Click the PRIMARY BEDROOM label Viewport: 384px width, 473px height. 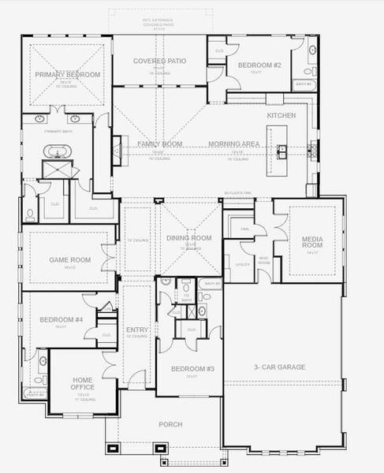(x=67, y=74)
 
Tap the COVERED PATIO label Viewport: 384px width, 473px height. (x=159, y=61)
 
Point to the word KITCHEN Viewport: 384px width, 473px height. (x=281, y=116)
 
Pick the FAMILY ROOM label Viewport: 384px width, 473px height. (x=159, y=144)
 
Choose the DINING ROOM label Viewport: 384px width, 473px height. (x=189, y=238)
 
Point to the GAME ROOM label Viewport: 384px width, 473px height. (x=69, y=259)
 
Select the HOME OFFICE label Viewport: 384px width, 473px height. (x=82, y=384)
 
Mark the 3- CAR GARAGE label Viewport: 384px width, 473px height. (x=279, y=367)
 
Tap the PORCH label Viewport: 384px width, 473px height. (x=170, y=425)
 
